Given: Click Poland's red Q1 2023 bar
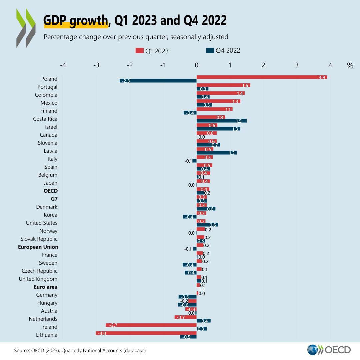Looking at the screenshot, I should pos(262,77).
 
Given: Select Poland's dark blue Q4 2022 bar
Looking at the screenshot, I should pos(158,81).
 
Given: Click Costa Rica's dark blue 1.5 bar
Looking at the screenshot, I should pos(221,121).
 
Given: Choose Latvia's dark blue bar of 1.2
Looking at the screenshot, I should pos(216,153).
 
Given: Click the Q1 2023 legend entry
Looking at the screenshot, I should pos(152,51).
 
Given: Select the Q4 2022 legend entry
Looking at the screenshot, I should pos(223,51).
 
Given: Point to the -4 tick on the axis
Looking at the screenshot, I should pos(63,65).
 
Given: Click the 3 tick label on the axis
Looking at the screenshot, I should pos(297,65).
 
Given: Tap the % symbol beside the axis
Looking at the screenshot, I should pos(350,66).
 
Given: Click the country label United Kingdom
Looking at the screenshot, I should pos(38,279).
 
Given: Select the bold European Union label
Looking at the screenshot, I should pos(38,247).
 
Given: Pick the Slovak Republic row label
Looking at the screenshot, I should pos(39,239).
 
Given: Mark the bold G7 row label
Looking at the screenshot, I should pos(53,199).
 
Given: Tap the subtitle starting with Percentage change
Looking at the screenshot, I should pos(136,36).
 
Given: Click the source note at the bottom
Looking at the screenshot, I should pos(80,350).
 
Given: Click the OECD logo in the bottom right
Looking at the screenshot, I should pos(329,350).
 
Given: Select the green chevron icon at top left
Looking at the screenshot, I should pos(26,28).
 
